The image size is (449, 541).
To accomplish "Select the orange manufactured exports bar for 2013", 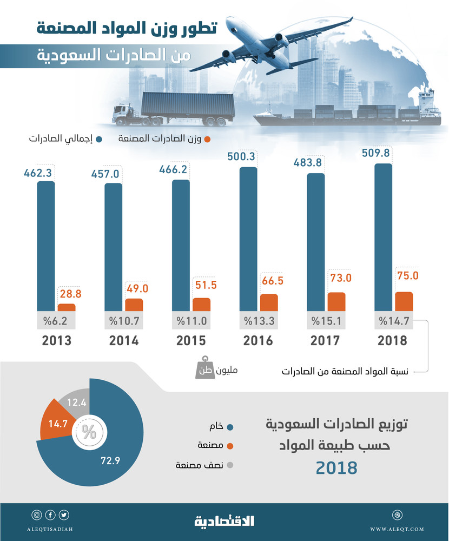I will point(67,307).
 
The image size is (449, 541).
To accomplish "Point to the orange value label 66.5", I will point(272,281).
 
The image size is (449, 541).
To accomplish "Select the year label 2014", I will point(123,341).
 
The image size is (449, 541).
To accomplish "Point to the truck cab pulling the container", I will point(123,114).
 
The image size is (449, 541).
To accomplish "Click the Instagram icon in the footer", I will point(37,514).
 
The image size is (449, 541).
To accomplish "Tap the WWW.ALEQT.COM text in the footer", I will point(398,529).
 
